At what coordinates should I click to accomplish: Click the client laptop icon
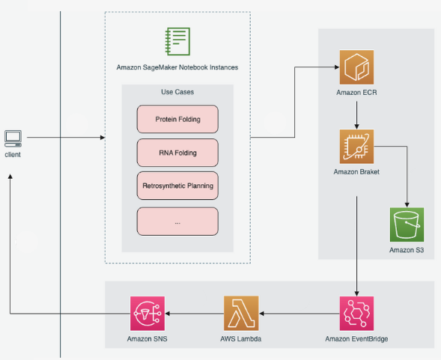pos(13,138)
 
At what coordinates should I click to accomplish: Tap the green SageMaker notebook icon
pos(177,41)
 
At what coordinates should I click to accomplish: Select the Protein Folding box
pos(177,119)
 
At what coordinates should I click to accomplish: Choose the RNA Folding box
pos(177,153)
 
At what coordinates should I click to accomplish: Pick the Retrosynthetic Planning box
pos(177,186)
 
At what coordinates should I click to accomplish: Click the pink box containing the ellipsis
pos(177,222)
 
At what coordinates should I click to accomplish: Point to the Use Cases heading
pos(177,92)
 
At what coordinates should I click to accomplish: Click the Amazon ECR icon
pos(356,67)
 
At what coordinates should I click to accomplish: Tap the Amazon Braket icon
pos(356,146)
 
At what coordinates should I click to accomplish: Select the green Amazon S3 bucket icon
pos(407,225)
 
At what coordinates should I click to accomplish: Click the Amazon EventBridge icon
pos(356,314)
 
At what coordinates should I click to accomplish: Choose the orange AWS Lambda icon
pos(241,314)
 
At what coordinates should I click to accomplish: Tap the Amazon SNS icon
pos(147,314)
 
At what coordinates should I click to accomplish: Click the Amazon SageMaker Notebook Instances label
pos(177,67)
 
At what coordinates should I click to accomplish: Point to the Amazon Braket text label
pos(356,172)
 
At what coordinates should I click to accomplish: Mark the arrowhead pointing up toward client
pos(10,177)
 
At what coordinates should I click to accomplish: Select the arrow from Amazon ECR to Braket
pos(356,115)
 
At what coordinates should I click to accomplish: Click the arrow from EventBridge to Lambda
pos(299,314)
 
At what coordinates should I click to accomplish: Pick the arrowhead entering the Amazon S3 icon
pos(407,205)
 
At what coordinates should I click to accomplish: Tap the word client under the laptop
pos(13,155)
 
